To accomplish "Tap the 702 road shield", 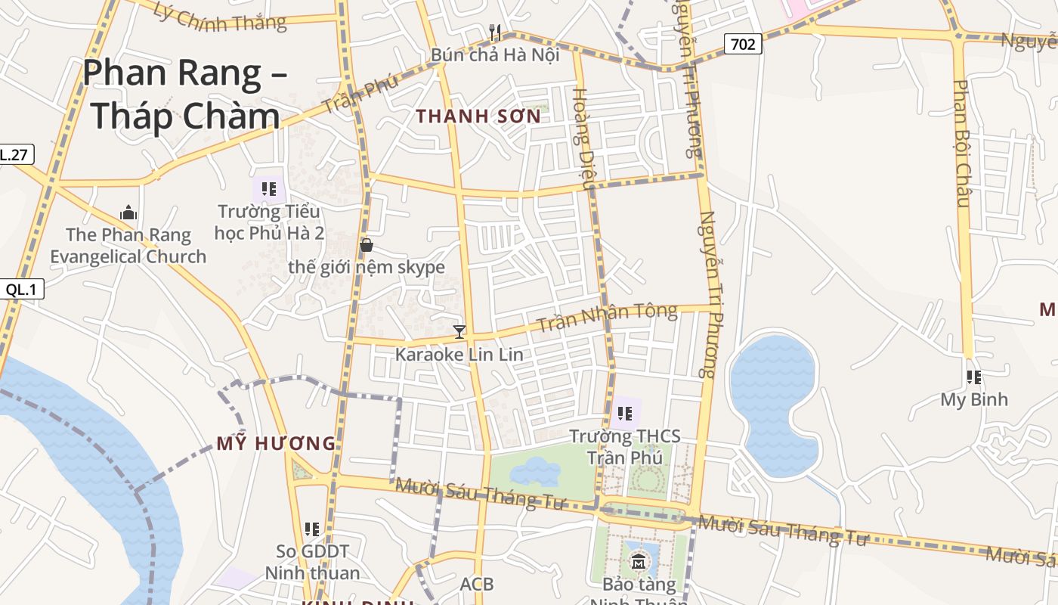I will [x=743, y=44].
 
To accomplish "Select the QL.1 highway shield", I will [x=24, y=288].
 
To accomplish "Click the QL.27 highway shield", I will [x=14, y=155].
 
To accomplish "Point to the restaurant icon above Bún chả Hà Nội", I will [x=495, y=32].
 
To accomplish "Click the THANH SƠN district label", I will [x=479, y=116].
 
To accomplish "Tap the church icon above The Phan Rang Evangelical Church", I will [x=128, y=213].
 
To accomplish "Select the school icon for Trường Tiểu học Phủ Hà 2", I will [x=269, y=188].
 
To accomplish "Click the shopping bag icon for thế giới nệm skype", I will [x=367, y=245].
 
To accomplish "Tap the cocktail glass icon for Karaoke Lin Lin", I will [x=459, y=331].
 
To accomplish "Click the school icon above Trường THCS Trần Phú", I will [x=625, y=413].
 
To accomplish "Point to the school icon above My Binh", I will [x=974, y=377].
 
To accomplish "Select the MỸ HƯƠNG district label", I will [x=276, y=444].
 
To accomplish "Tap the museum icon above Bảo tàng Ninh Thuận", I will [x=639, y=561].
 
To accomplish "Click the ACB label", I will [x=477, y=584].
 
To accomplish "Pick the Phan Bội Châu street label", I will [x=961, y=143].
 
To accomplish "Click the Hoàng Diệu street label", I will [x=585, y=137].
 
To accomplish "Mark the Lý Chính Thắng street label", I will [x=219, y=17].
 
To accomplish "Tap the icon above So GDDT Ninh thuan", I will [x=311, y=529].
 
